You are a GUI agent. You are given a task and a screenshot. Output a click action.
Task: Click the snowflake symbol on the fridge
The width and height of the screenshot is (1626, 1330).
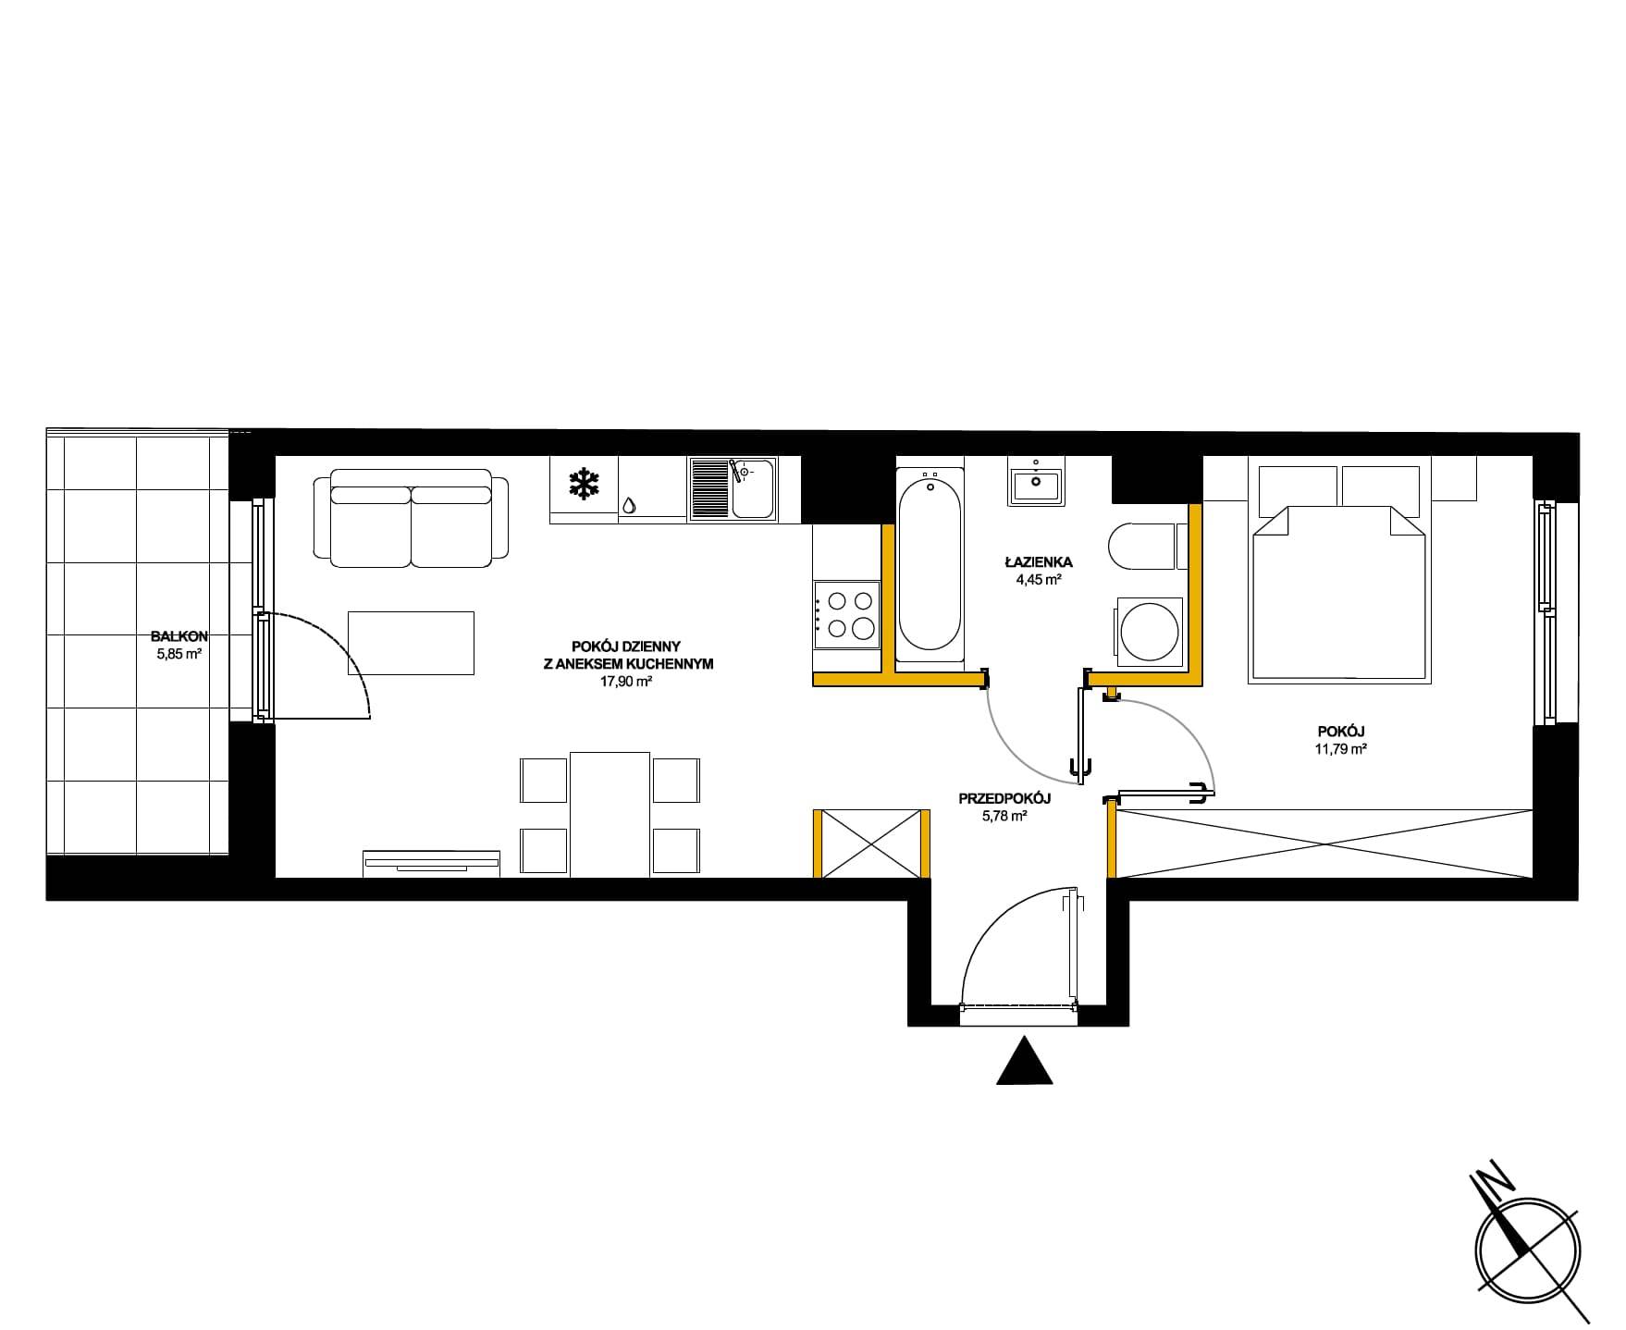(584, 484)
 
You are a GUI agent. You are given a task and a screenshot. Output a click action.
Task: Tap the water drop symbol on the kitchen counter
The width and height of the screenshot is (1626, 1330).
(629, 505)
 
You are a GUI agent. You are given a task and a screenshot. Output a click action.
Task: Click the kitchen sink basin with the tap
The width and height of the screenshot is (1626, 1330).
(753, 488)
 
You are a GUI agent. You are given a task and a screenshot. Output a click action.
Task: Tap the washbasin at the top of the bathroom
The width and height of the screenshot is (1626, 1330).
(1037, 480)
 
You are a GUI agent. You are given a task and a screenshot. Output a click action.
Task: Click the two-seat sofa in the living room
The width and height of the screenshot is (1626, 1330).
(412, 518)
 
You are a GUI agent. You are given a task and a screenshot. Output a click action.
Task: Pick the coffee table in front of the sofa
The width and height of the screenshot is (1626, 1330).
(411, 643)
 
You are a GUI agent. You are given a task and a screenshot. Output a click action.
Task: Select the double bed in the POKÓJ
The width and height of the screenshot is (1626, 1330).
(1338, 573)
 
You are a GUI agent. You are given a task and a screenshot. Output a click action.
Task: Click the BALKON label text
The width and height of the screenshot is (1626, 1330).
(179, 636)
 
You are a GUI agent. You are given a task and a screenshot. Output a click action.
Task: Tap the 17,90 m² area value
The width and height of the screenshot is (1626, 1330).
(626, 681)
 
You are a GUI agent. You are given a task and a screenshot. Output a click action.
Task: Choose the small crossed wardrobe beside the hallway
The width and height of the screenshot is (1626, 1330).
(870, 843)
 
